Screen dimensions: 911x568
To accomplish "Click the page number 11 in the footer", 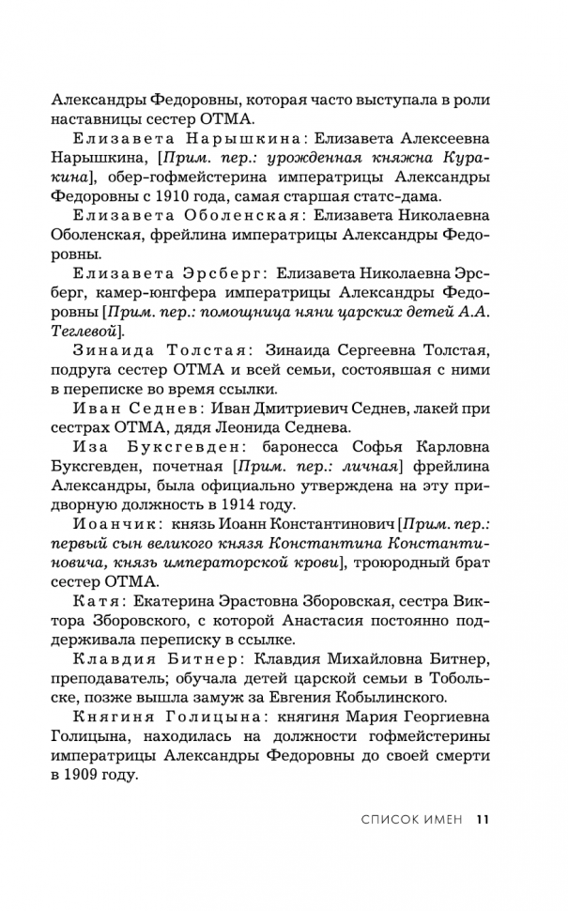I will (x=483, y=819).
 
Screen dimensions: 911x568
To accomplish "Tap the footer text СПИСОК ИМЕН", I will (x=412, y=819).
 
